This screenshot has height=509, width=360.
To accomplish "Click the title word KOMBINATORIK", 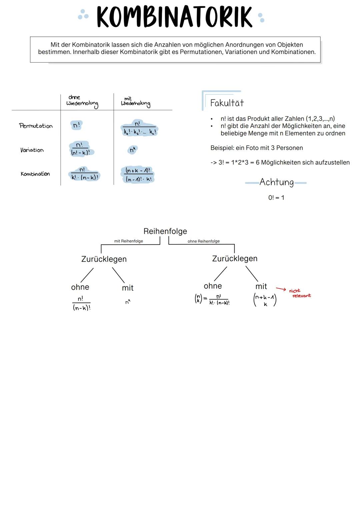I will [x=174, y=17].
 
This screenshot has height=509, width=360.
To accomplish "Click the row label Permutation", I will [x=36, y=126].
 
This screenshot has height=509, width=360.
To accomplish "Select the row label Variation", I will [x=32, y=150].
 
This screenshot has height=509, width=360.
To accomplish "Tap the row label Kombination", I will [x=35, y=174].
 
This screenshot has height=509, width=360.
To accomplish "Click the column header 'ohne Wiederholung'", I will [x=82, y=101].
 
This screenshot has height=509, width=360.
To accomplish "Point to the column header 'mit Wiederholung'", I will [x=135, y=101].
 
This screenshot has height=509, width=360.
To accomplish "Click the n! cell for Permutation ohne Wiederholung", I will [x=76, y=125].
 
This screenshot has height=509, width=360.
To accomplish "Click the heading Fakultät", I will [x=227, y=103].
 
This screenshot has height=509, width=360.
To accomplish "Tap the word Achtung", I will [x=276, y=182].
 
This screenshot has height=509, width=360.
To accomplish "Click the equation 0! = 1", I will [x=276, y=198].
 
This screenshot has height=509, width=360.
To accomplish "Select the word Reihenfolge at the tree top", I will [x=165, y=231].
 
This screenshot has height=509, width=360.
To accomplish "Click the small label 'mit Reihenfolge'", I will [x=128, y=241].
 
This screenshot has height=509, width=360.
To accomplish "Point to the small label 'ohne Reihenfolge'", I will [x=203, y=241].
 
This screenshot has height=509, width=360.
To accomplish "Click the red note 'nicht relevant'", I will [x=300, y=293].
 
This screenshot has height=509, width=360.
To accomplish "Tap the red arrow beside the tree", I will [x=281, y=289].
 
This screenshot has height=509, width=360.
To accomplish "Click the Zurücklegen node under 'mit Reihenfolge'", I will [x=104, y=259].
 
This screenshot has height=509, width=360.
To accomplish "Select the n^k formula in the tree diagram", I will [x=128, y=302].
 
